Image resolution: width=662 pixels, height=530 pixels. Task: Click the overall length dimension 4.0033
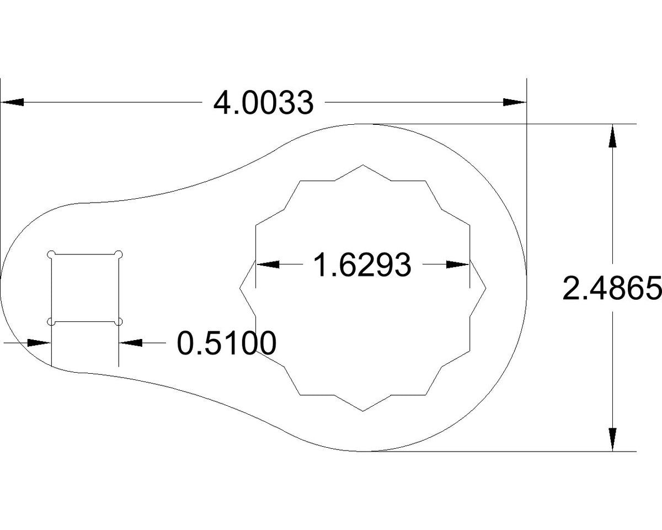(264, 103)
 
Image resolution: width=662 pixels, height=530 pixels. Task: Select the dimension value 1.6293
(362, 265)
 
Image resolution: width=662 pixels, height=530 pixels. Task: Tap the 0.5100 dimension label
(226, 343)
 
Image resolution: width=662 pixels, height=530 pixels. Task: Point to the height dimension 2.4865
(611, 288)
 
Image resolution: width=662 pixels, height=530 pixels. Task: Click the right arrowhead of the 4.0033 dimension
(514, 102)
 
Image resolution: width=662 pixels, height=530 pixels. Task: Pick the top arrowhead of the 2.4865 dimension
(612, 136)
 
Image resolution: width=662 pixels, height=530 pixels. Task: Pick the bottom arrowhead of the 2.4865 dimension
(612, 439)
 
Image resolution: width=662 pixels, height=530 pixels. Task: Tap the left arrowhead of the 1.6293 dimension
(268, 265)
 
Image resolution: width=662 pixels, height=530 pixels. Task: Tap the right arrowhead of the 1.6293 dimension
(457, 265)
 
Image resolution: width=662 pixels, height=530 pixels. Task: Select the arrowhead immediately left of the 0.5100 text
(131, 343)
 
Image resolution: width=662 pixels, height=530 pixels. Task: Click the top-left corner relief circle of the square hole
(51, 254)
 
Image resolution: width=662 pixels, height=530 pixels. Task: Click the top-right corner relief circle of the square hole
(119, 254)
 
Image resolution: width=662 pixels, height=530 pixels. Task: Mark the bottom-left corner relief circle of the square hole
(51, 321)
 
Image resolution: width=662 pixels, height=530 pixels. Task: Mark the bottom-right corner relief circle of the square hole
(119, 321)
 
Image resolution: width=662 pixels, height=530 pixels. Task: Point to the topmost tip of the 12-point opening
(362, 165)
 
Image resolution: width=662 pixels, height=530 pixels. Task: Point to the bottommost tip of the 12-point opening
(362, 411)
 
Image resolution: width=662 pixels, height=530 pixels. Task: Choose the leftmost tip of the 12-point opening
(240, 288)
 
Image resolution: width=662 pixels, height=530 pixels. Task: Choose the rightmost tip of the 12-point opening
(485, 288)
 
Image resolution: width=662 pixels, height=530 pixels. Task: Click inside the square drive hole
(85, 288)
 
